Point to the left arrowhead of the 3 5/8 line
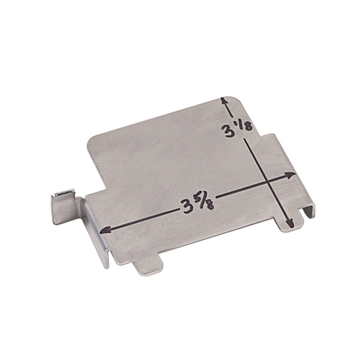tap(105, 230)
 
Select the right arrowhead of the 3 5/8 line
tap(290, 175)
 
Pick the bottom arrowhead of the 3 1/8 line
tap(290, 223)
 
